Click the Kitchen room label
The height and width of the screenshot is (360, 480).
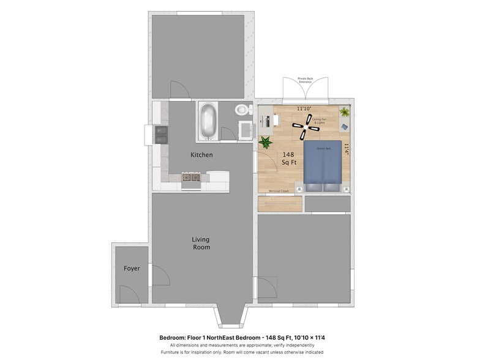pos(201,155)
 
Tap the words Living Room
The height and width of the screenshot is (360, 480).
pos(201,243)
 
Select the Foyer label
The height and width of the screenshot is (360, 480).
pos(132,268)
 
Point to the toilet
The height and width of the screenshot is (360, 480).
pos(242,111)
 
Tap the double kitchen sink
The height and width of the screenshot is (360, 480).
pos(162,134)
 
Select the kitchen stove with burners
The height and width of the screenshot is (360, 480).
pos(191,178)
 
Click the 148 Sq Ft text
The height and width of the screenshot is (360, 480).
pos(288,159)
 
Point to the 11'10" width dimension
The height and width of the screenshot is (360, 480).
pos(304,108)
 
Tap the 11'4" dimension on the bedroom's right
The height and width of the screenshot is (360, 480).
pos(346,149)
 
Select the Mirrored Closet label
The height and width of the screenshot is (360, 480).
pos(279,191)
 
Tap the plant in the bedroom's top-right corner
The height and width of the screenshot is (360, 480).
pos(344,112)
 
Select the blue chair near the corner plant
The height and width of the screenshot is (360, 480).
pos(344,126)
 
